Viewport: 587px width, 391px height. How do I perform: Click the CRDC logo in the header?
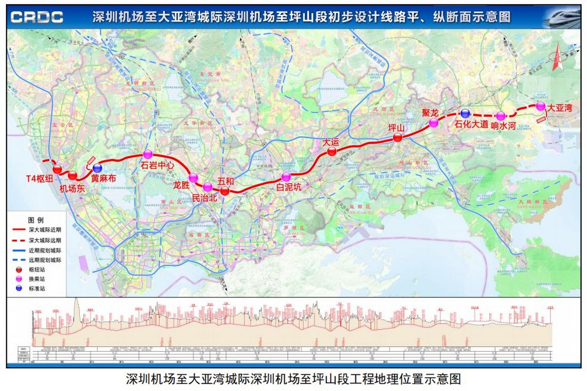point(37,17)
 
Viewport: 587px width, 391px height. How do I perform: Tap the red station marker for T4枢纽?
point(57,169)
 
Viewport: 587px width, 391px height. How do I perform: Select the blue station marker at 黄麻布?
point(97,168)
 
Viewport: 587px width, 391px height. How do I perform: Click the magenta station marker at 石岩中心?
point(148,155)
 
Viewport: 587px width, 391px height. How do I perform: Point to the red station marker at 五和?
point(225,191)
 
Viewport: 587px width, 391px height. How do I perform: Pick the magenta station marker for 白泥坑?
point(286,177)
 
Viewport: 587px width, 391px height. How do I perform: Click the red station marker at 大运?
point(332,151)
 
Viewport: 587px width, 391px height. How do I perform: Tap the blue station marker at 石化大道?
point(465,114)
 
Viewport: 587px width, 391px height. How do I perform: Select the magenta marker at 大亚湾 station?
point(541,106)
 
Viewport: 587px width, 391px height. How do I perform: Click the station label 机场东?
point(72,188)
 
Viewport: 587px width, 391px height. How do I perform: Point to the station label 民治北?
point(204,198)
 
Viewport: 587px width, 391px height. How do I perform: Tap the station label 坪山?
point(396,128)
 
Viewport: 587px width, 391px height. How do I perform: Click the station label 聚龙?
point(430,113)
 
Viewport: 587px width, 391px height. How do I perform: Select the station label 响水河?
point(503,126)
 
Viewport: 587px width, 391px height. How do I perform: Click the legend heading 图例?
point(36,220)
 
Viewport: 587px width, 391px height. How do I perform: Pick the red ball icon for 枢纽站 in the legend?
point(19,270)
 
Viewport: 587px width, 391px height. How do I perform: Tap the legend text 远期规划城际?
point(45,260)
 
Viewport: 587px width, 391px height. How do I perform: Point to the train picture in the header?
point(563,17)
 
